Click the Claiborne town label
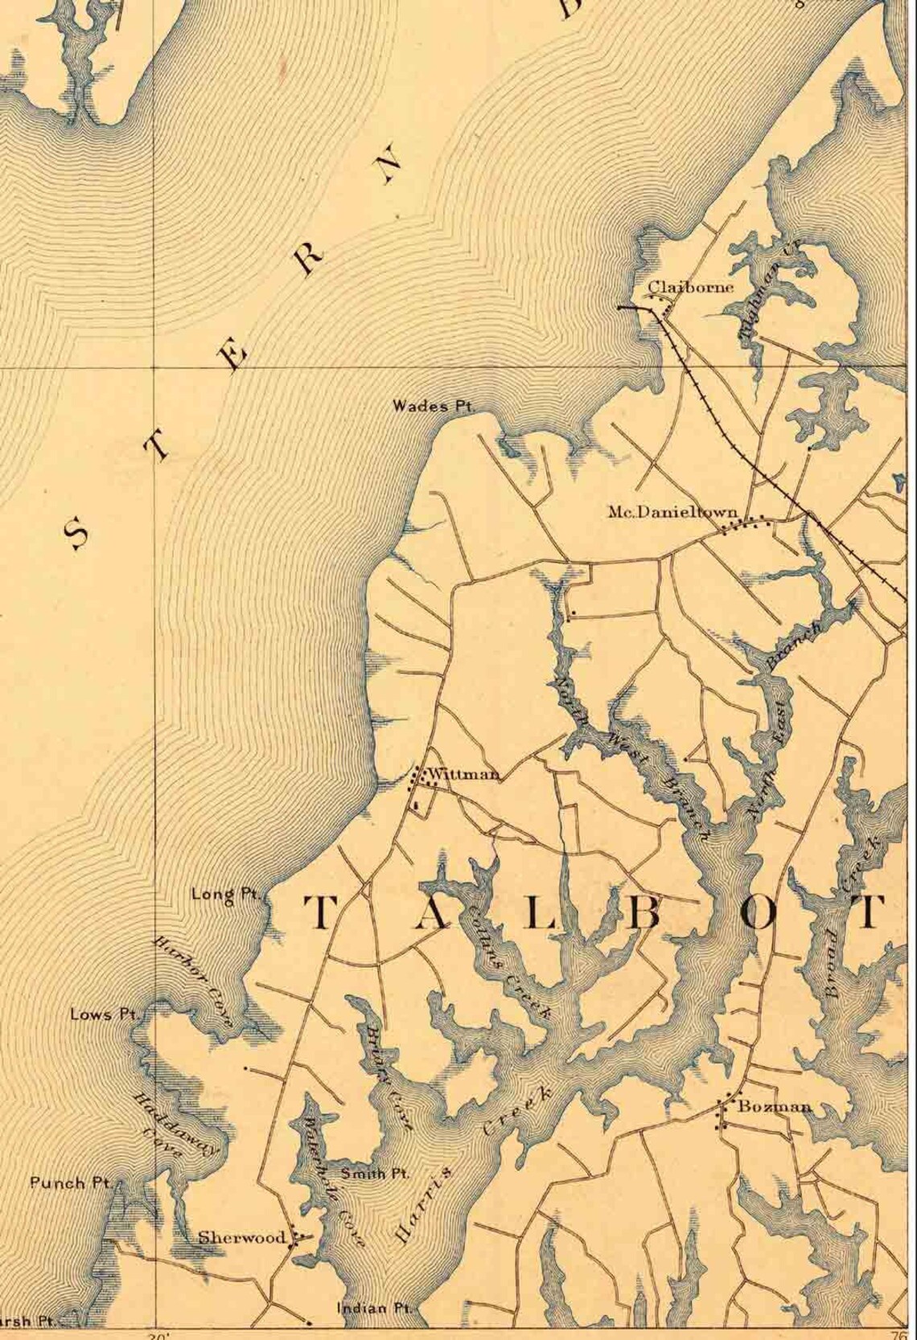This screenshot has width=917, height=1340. (691, 287)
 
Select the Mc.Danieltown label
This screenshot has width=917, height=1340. (672, 511)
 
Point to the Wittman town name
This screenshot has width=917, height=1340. (464, 775)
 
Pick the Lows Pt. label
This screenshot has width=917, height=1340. (102, 1014)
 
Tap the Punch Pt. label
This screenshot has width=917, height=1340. (69, 1182)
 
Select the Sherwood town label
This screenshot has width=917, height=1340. (242, 1238)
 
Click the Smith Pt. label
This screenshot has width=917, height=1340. (374, 1174)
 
